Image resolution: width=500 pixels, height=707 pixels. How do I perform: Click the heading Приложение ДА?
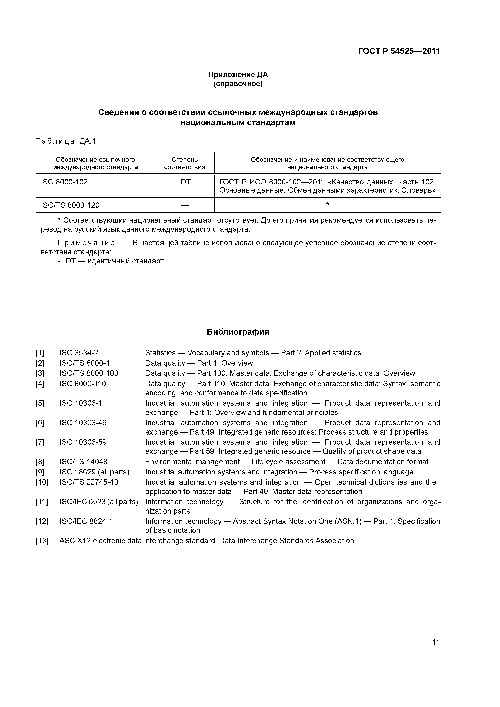pyautogui.click(x=238, y=75)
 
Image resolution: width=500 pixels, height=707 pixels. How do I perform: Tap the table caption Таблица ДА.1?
pyautogui.click(x=66, y=141)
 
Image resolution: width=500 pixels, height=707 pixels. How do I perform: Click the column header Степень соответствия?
pyautogui.click(x=184, y=163)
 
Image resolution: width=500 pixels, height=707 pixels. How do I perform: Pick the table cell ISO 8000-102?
pyautogui.click(x=64, y=182)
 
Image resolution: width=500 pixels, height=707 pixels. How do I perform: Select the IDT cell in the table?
pyautogui.click(x=184, y=182)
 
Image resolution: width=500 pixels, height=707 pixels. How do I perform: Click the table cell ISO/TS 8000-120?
pyautogui.click(x=70, y=205)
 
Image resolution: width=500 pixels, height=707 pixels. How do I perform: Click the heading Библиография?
pyautogui.click(x=238, y=332)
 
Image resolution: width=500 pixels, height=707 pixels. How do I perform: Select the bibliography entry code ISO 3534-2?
pyautogui.click(x=79, y=353)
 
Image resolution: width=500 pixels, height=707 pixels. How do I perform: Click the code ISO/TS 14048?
pyautogui.click(x=83, y=462)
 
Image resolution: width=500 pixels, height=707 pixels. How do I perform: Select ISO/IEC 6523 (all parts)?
pyautogui.click(x=99, y=502)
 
